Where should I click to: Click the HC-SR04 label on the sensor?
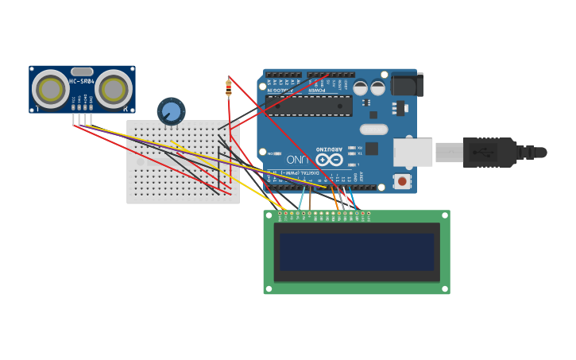82,81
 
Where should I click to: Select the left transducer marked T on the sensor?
50,90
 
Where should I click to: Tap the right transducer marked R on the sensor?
114,90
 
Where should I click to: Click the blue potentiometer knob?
171,111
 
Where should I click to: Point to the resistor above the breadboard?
229,88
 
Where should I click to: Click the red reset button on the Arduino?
403,182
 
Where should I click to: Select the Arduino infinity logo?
329,159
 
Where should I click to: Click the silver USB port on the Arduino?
413,153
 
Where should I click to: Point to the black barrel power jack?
408,84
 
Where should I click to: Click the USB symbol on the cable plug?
485,152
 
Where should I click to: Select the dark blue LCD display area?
357,252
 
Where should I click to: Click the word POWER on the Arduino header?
317,90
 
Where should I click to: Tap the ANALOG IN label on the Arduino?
280,90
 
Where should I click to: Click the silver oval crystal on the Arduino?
373,129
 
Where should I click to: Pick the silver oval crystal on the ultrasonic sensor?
82,72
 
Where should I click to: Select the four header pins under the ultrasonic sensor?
83,119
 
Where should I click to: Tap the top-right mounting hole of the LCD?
444,216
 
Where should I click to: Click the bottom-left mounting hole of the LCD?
269,288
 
